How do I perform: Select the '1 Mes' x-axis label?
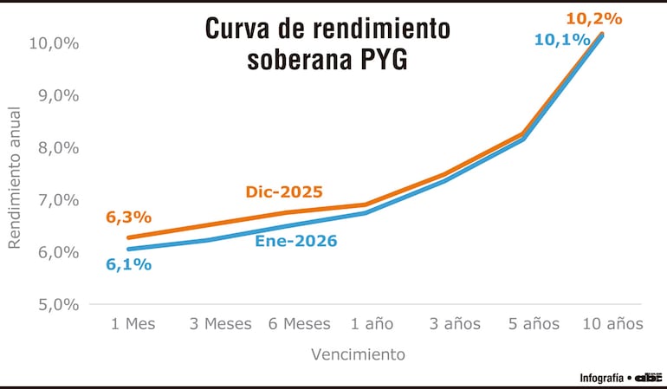coord(133,324)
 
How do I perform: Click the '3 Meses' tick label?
coord(221,324)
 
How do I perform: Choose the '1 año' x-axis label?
coord(372,324)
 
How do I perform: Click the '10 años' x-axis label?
coord(612,324)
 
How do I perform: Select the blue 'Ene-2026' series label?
coord(295,241)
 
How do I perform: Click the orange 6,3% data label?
coord(129,217)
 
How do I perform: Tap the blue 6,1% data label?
coord(129,264)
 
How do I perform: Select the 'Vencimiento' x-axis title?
coord(358,353)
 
